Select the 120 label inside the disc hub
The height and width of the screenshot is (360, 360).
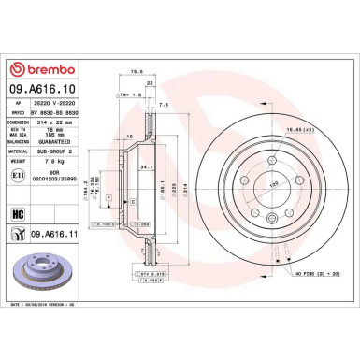point(248,185)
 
